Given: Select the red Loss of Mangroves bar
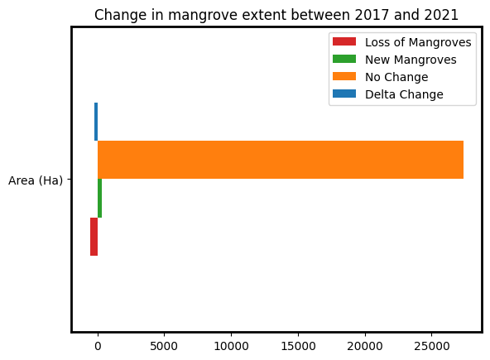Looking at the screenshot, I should pos(94,237).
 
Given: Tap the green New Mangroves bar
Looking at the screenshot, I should pos(99,199).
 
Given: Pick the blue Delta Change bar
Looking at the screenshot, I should pos(96,122).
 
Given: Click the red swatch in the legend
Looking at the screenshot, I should pos(343,42).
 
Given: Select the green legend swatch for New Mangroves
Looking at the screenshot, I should pos(343,60).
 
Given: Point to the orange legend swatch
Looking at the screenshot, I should pos(343,77).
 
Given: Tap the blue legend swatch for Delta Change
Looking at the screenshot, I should pos(343,94).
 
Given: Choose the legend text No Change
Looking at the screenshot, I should pos(396,77).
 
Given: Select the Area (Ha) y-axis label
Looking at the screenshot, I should pos(36,180).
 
